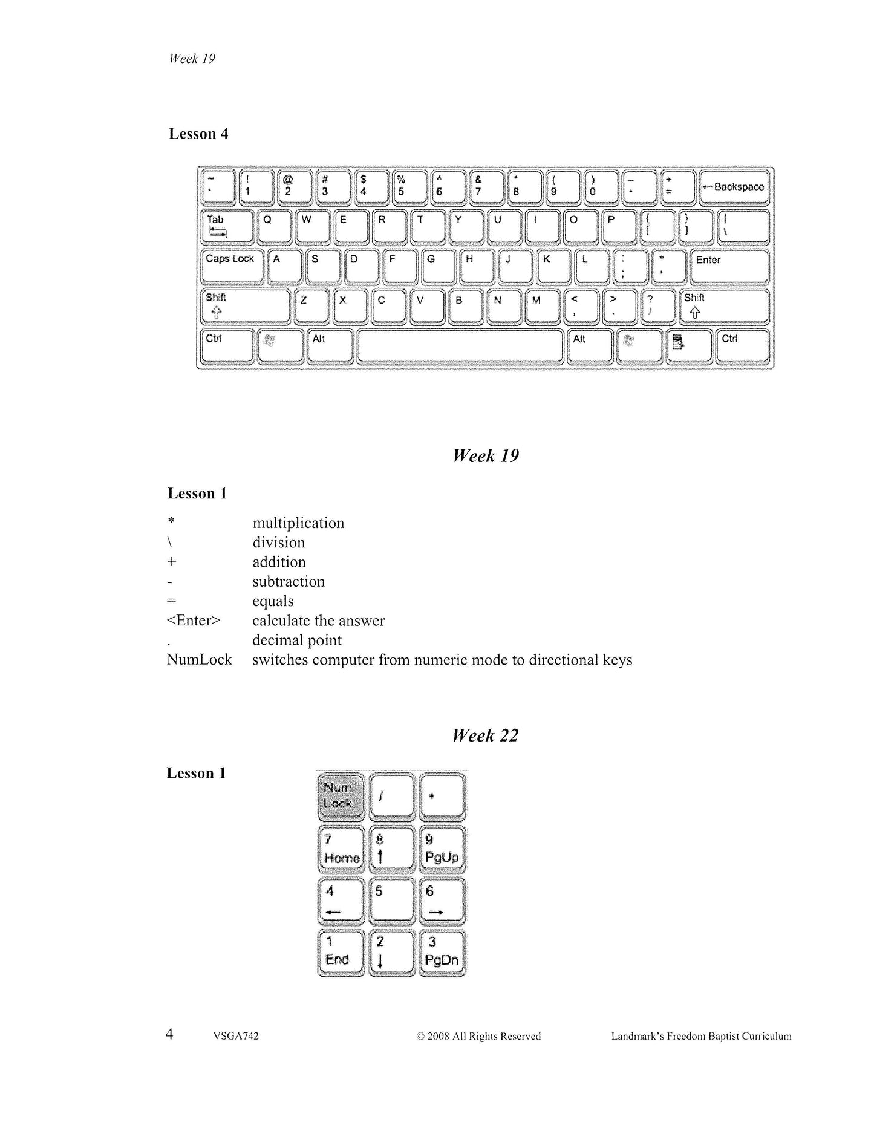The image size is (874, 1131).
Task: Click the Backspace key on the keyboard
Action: click(x=734, y=187)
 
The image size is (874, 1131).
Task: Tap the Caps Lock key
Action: click(x=232, y=266)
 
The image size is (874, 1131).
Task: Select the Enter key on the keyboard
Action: click(x=729, y=266)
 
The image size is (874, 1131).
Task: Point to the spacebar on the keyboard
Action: click(x=460, y=346)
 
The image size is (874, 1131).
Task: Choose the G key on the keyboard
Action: click(x=438, y=266)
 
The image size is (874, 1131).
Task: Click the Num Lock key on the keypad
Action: click(x=341, y=796)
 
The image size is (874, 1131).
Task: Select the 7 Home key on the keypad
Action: click(x=341, y=849)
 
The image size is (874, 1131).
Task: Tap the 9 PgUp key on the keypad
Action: click(x=442, y=849)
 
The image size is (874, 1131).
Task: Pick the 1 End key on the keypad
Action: click(x=341, y=952)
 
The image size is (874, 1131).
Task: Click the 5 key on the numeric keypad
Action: click(x=391, y=900)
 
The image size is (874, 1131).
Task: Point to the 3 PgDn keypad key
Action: click(x=442, y=952)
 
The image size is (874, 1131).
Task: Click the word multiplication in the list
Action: click(x=298, y=523)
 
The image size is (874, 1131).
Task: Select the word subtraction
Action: click(x=289, y=582)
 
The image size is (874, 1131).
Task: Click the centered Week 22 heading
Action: click(x=485, y=735)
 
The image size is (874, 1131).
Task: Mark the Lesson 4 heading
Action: click(x=198, y=134)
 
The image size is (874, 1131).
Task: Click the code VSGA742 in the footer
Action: click(x=236, y=1036)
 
